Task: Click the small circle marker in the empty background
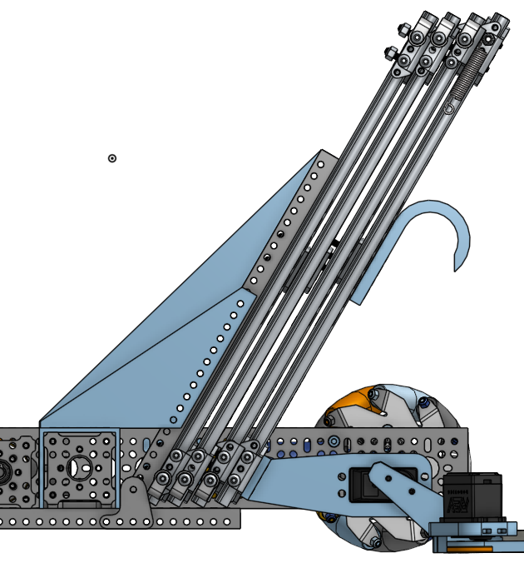112,158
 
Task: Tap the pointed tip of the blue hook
455,270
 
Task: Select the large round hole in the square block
80,467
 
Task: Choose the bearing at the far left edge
4,471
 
